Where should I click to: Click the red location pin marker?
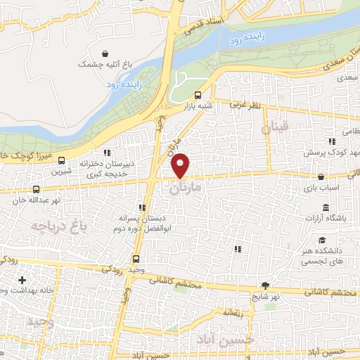(x=180, y=165)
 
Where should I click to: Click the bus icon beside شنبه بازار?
(x=198, y=95)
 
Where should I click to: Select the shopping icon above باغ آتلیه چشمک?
(x=105, y=53)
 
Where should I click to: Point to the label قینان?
(x=275, y=128)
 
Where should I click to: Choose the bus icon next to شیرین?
(x=62, y=160)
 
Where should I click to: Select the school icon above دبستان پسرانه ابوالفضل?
(x=142, y=207)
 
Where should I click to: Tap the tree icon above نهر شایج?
(x=265, y=285)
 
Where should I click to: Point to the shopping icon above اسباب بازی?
(x=321, y=177)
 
